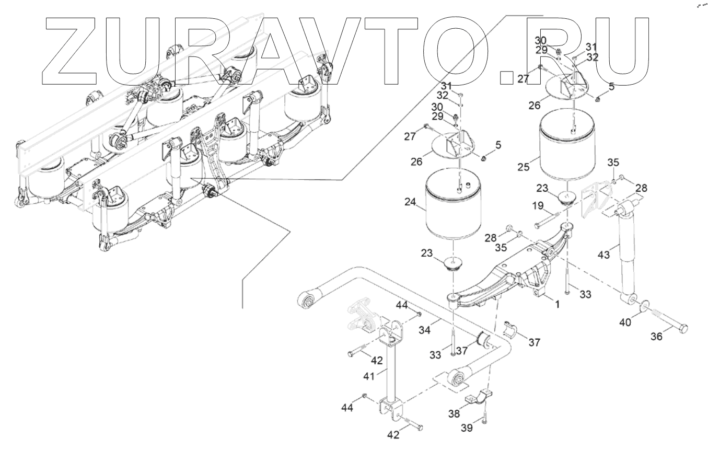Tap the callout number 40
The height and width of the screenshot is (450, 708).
coord(625,322)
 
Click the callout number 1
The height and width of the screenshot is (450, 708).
coord(558,304)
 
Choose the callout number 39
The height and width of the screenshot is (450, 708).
coord(467,428)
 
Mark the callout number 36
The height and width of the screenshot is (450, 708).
coord(656,337)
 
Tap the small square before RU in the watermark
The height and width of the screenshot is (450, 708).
coord(506,78)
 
